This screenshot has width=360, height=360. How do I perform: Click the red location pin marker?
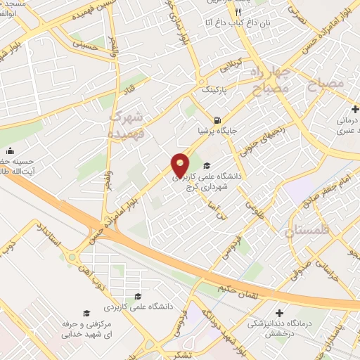click(x=181, y=165)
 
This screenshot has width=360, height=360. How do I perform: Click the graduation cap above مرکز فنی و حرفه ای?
click(x=86, y=313)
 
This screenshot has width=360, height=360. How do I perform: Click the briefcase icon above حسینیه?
click(x=10, y=151)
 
